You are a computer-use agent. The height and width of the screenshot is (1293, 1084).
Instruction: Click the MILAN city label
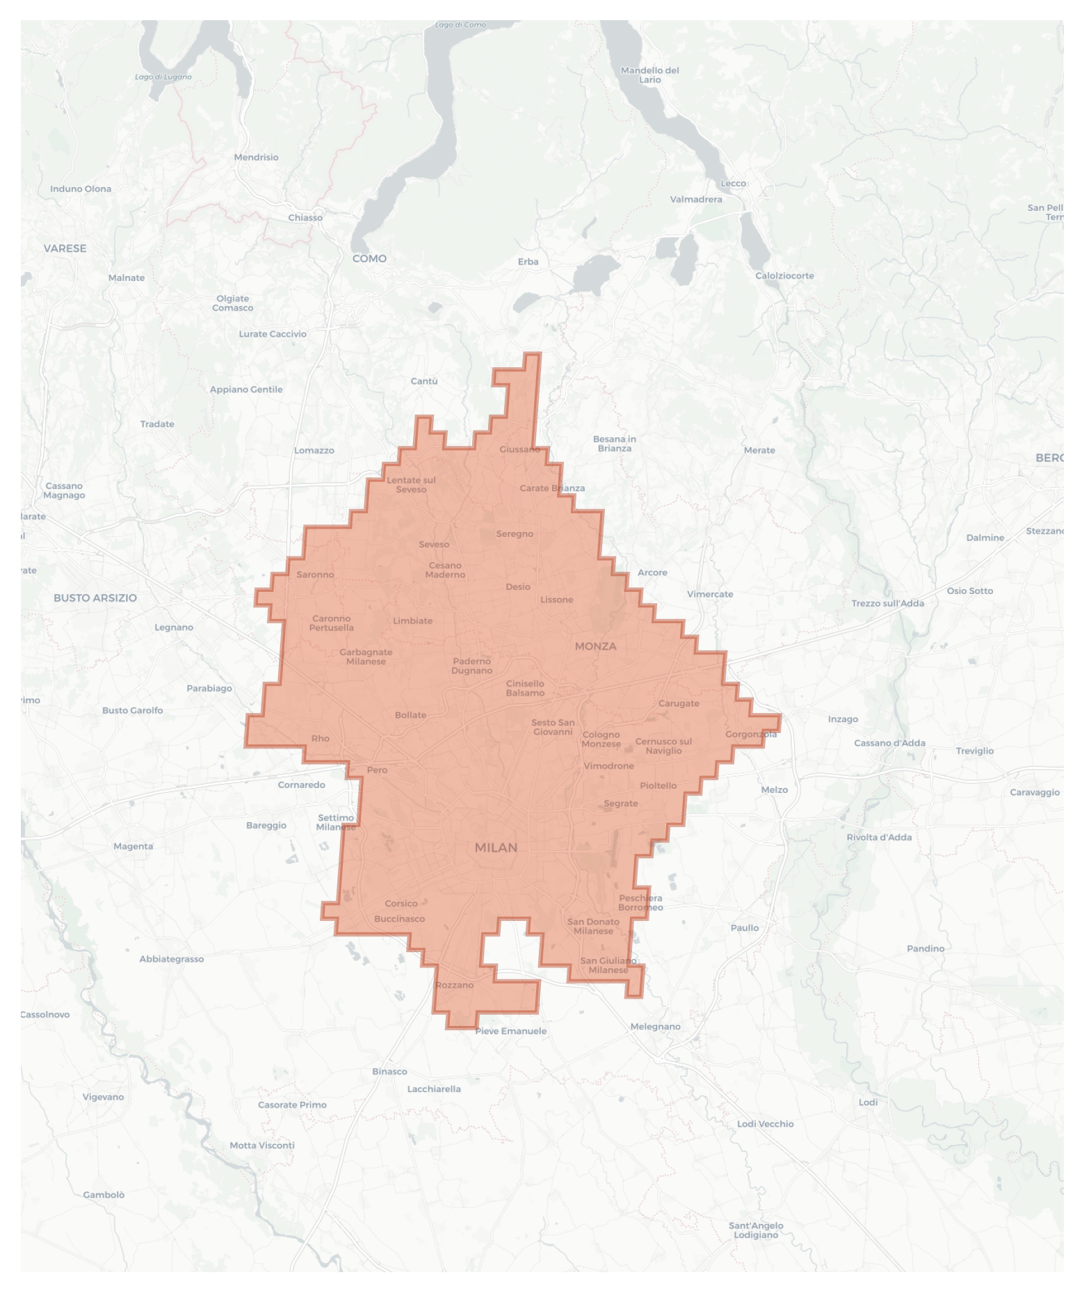tap(496, 847)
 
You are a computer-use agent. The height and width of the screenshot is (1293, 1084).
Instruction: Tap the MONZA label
tap(595, 646)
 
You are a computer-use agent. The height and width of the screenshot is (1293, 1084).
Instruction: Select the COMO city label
tap(369, 259)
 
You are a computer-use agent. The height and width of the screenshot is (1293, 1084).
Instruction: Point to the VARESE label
tap(65, 248)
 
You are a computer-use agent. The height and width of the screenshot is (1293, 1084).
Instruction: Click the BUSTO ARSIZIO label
tap(95, 598)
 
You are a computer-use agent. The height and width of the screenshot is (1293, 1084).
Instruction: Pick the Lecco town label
tap(733, 184)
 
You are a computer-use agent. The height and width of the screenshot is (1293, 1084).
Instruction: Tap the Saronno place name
tap(315, 575)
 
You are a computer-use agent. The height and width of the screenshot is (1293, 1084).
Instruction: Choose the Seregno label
tap(515, 534)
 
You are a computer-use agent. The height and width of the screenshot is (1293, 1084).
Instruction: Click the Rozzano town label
tap(454, 985)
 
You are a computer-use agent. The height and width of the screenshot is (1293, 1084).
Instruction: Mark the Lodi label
tap(868, 1102)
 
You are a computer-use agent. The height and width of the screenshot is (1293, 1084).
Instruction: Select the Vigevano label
tap(103, 1097)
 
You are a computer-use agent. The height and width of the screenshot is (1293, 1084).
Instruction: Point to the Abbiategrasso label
tap(172, 959)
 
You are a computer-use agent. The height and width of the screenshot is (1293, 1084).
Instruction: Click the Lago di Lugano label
tap(163, 77)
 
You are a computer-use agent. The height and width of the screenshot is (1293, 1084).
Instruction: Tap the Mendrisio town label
tap(256, 157)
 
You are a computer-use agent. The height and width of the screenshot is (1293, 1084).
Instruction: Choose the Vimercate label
tap(710, 594)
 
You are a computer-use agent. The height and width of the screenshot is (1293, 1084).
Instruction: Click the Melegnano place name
tap(655, 1027)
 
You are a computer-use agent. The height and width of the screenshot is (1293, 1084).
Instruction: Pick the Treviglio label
tap(974, 751)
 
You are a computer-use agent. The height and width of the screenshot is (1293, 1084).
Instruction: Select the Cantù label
tap(424, 381)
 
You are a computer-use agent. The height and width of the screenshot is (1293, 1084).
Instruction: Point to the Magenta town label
tap(133, 846)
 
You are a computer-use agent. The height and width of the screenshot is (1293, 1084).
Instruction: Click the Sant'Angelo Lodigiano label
tap(756, 1230)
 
